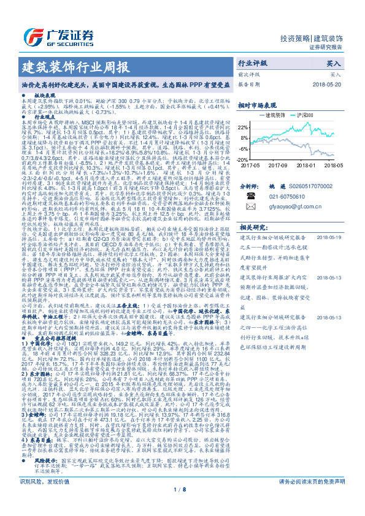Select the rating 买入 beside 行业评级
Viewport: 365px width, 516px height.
pyautogui.click(x=334, y=63)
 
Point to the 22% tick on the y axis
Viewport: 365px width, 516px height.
pyautogui.click(x=242, y=127)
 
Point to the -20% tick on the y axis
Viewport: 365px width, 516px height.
pyautogui.click(x=242, y=159)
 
